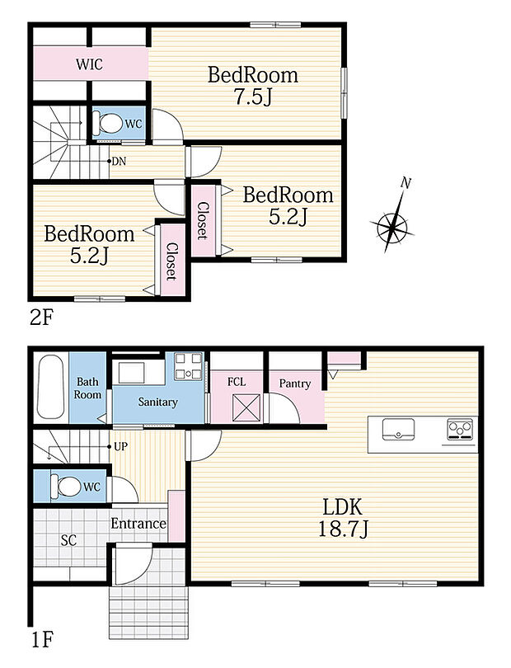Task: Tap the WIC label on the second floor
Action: [x=89, y=64]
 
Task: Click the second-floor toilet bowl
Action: [x=109, y=123]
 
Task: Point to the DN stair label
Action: [x=119, y=162]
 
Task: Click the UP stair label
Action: [x=120, y=446]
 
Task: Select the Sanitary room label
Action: [x=157, y=402]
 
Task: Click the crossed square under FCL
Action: [x=246, y=407]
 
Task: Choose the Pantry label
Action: [x=295, y=383]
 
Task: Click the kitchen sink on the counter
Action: [x=398, y=429]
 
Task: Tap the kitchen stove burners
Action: [x=460, y=429]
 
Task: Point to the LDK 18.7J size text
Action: [x=342, y=519]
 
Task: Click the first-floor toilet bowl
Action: [x=65, y=485]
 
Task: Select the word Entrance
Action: [x=138, y=523]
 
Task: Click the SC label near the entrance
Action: [x=68, y=540]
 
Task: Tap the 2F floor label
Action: [x=41, y=317]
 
